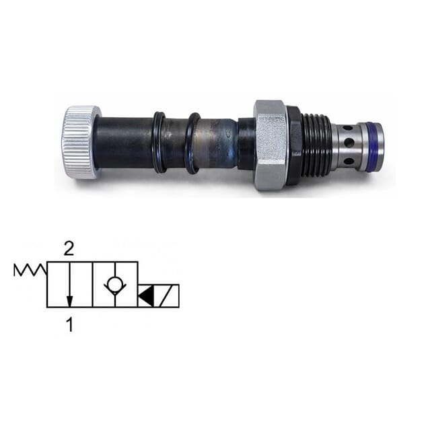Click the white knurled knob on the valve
point(81,142)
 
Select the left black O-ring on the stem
point(160,141)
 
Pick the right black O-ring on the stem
point(192,143)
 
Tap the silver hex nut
point(271,144)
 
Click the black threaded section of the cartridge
point(316,144)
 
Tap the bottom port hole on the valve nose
point(347,161)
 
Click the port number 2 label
point(68,249)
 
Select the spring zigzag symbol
point(30,271)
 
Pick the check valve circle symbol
point(114,285)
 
